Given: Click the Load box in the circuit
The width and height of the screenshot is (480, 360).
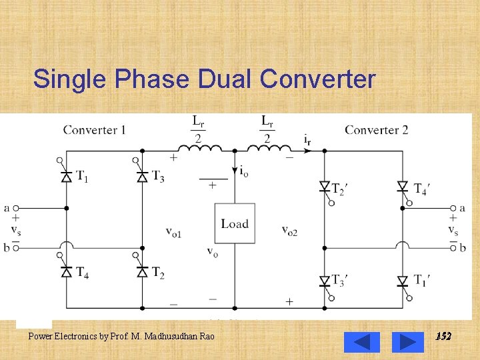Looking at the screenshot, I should coord(234,224).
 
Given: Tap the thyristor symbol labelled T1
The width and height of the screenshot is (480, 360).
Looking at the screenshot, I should coord(66,177).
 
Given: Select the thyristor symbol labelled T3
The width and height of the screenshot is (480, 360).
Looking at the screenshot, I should coord(141,177).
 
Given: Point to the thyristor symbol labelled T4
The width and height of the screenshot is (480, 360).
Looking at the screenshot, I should coord(66,271).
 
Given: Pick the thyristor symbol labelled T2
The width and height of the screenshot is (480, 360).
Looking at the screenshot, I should coord(141,271).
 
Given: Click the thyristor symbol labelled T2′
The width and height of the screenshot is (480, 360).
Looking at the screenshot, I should coord(325,187).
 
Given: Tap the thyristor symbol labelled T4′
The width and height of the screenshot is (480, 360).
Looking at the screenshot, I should coord(402,187).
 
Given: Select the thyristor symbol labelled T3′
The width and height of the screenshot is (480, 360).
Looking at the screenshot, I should coord(325,281).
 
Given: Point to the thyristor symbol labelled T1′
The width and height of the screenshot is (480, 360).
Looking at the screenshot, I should coord(402,281).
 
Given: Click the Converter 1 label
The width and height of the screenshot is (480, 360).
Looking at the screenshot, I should coord(94,129).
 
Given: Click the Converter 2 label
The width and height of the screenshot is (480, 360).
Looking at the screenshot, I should coord(376,129).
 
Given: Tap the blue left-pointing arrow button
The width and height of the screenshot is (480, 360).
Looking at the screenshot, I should coord(361,342).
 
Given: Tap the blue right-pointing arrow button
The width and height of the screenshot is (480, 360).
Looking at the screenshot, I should coord(407,342).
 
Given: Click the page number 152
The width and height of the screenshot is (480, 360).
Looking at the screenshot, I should coord(443,337).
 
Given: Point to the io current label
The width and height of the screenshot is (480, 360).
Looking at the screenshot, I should coord(245,171).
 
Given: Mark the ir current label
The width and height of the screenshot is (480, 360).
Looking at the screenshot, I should coord(307,140).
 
